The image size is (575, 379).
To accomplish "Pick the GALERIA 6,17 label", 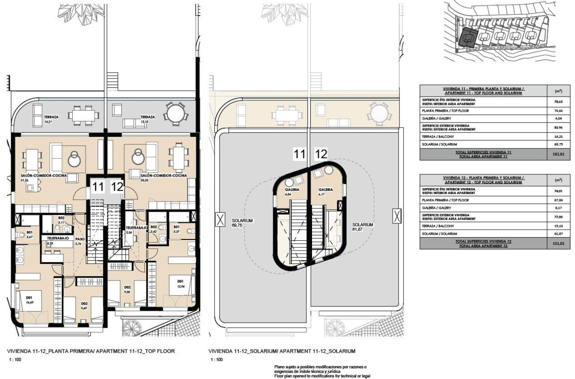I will (326, 192).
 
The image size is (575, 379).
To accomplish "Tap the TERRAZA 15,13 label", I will (148, 119).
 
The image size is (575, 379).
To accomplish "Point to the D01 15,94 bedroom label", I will (181, 284).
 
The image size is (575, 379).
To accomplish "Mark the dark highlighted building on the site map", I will (468, 37).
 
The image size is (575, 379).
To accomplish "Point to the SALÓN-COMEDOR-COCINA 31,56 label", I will (43, 178).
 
